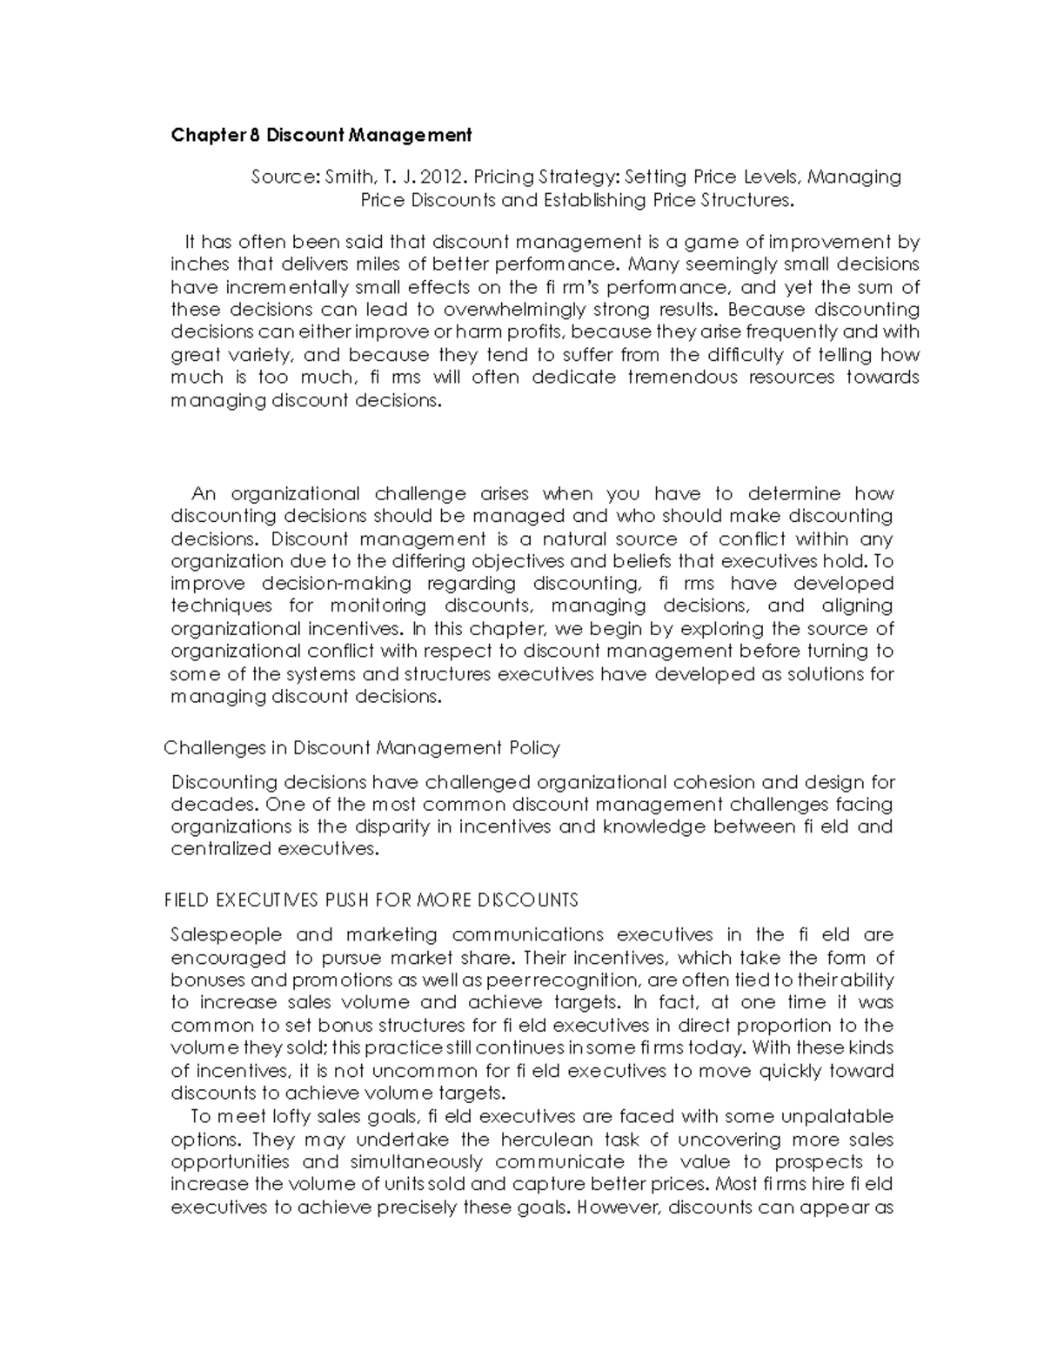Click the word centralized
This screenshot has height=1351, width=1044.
[221, 849]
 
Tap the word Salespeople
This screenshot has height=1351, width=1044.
[226, 935]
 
